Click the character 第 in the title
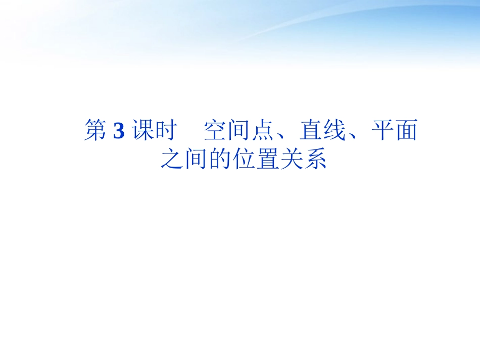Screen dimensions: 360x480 pos(95,131)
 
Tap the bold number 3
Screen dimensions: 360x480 pos(119,131)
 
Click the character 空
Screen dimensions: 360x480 pos(215,131)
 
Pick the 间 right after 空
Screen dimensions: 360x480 pos(239,131)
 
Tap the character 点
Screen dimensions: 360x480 pos(263,131)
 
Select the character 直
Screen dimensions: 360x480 pos(310,131)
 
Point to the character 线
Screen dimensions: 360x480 pos(334,131)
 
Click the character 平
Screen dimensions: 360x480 pos(381,131)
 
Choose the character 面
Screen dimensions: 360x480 pos(405,131)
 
